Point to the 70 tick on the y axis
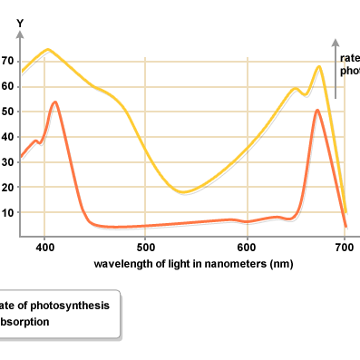(x=8, y=62)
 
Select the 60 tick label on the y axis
(x=8, y=87)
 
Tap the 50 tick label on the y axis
(x=8, y=112)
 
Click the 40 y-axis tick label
(x=8, y=138)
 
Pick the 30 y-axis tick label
(x=8, y=162)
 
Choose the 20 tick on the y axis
(x=8, y=188)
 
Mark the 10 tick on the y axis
(x=8, y=213)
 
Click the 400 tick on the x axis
(x=44, y=245)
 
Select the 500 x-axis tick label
(x=145, y=245)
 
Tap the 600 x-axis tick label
(x=245, y=245)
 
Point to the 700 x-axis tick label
(x=345, y=245)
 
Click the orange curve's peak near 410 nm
(x=54, y=102)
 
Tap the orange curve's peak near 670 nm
(x=317, y=110)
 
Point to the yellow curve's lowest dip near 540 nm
(x=183, y=192)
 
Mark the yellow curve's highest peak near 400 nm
(x=48, y=50)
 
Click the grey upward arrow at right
(x=336, y=68)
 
